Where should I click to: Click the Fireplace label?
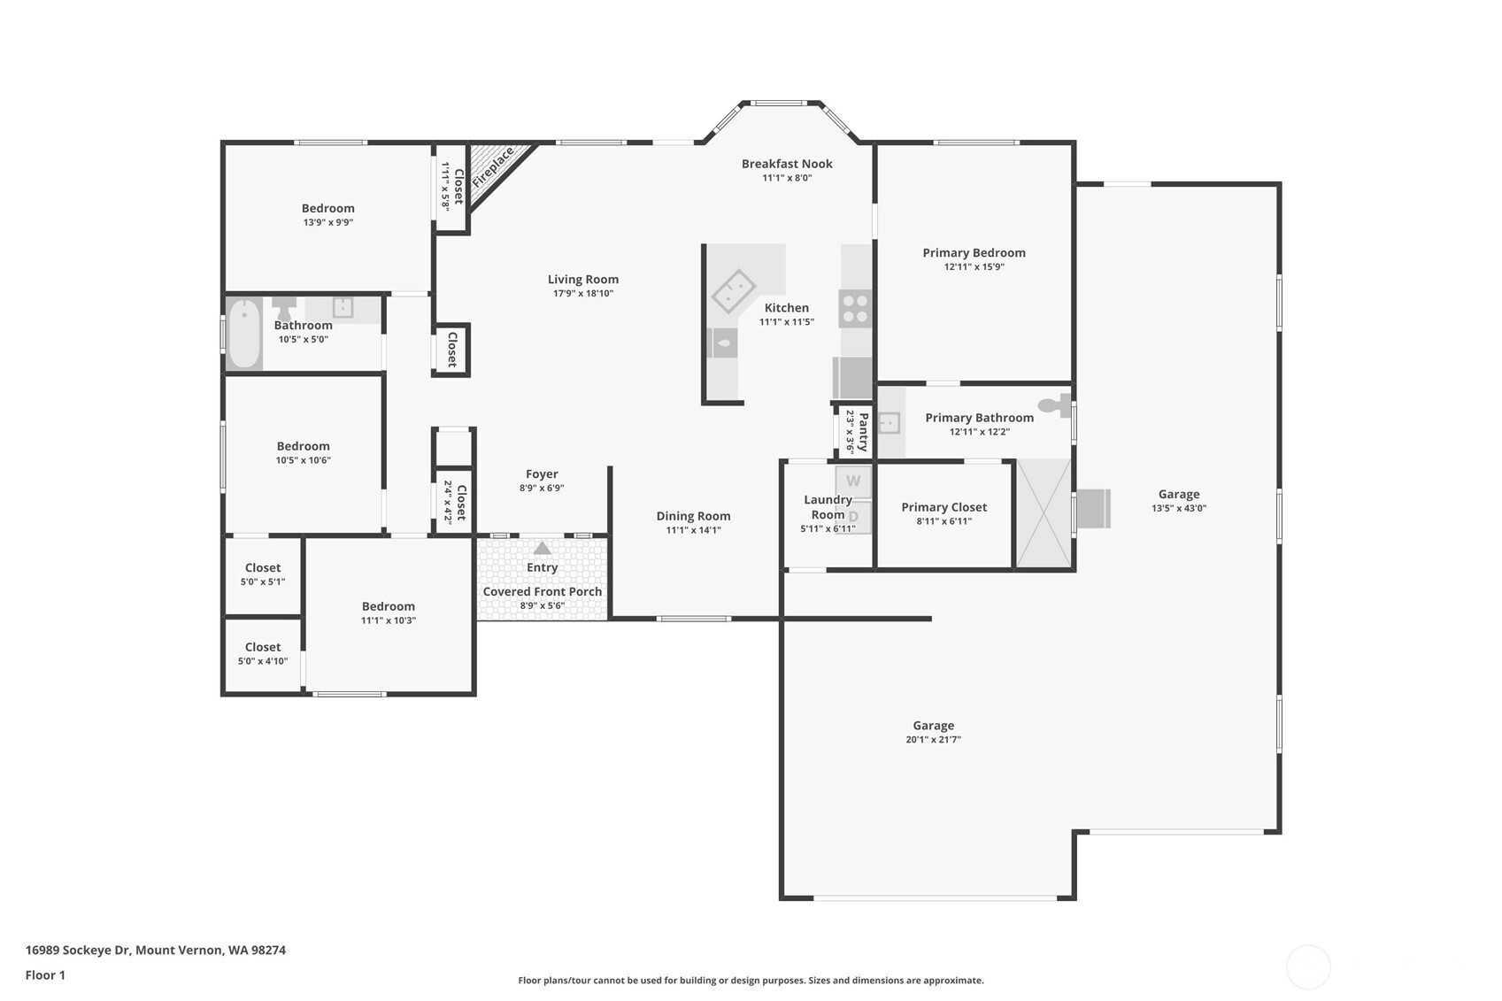(x=493, y=167)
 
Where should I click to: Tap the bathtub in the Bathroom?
(x=244, y=333)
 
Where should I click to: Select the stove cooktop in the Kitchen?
(x=855, y=309)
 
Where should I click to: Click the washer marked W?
(x=853, y=481)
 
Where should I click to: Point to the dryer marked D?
(x=853, y=517)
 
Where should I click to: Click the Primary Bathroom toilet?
(x=1054, y=405)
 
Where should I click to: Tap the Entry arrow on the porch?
(x=543, y=549)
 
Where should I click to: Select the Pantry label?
(x=864, y=432)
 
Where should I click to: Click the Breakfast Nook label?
(x=787, y=164)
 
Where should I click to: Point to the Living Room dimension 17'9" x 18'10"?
(x=582, y=294)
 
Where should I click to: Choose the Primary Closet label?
(x=944, y=507)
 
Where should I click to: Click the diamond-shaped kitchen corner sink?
(x=734, y=292)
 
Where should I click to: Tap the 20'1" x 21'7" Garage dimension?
(x=933, y=740)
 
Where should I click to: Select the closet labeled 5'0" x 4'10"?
(x=263, y=654)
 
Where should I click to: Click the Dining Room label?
(x=693, y=516)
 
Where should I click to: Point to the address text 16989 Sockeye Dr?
(x=78, y=950)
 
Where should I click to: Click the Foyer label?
(x=542, y=474)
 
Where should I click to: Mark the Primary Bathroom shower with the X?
(x=1044, y=513)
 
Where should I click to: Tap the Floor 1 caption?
(x=45, y=975)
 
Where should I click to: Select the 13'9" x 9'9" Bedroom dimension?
(x=327, y=223)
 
